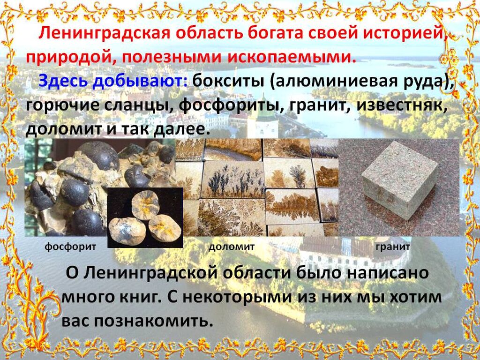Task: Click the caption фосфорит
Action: coord(70,247)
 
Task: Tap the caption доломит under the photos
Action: coord(232,247)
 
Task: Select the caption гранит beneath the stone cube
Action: coord(393,247)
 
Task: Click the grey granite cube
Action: coord(399,180)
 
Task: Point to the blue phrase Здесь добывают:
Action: coord(113,82)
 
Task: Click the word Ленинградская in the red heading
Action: coord(104,34)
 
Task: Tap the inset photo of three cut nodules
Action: coord(145,217)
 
